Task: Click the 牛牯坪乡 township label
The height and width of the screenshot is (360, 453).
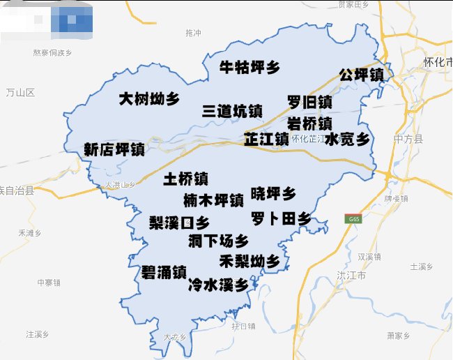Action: coord(249,68)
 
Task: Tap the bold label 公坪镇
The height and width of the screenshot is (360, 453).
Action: coord(361,75)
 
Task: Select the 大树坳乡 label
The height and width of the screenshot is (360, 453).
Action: coord(148,98)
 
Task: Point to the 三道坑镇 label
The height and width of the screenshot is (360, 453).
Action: coord(232,112)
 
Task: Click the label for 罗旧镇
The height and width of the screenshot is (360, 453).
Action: coord(309,103)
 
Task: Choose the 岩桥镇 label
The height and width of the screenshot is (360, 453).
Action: coord(309,123)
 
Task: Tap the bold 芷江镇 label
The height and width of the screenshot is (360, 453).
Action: coord(266,139)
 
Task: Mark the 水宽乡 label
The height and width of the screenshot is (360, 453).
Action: coord(347,139)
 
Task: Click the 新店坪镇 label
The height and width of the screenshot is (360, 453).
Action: coord(114,149)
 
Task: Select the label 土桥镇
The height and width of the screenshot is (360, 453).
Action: coord(185,179)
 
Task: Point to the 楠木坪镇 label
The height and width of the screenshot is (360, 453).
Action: coord(213,201)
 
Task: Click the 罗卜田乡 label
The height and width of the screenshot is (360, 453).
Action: coord(281,218)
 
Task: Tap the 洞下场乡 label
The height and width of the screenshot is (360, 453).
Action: coord(218,241)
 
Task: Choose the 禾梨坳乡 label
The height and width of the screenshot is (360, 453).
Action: coord(249,262)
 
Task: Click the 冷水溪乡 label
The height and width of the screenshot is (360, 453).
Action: coord(218,285)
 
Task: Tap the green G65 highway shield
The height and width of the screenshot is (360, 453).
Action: coord(353,219)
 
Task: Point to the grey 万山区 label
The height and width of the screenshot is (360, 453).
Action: coord(20,93)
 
